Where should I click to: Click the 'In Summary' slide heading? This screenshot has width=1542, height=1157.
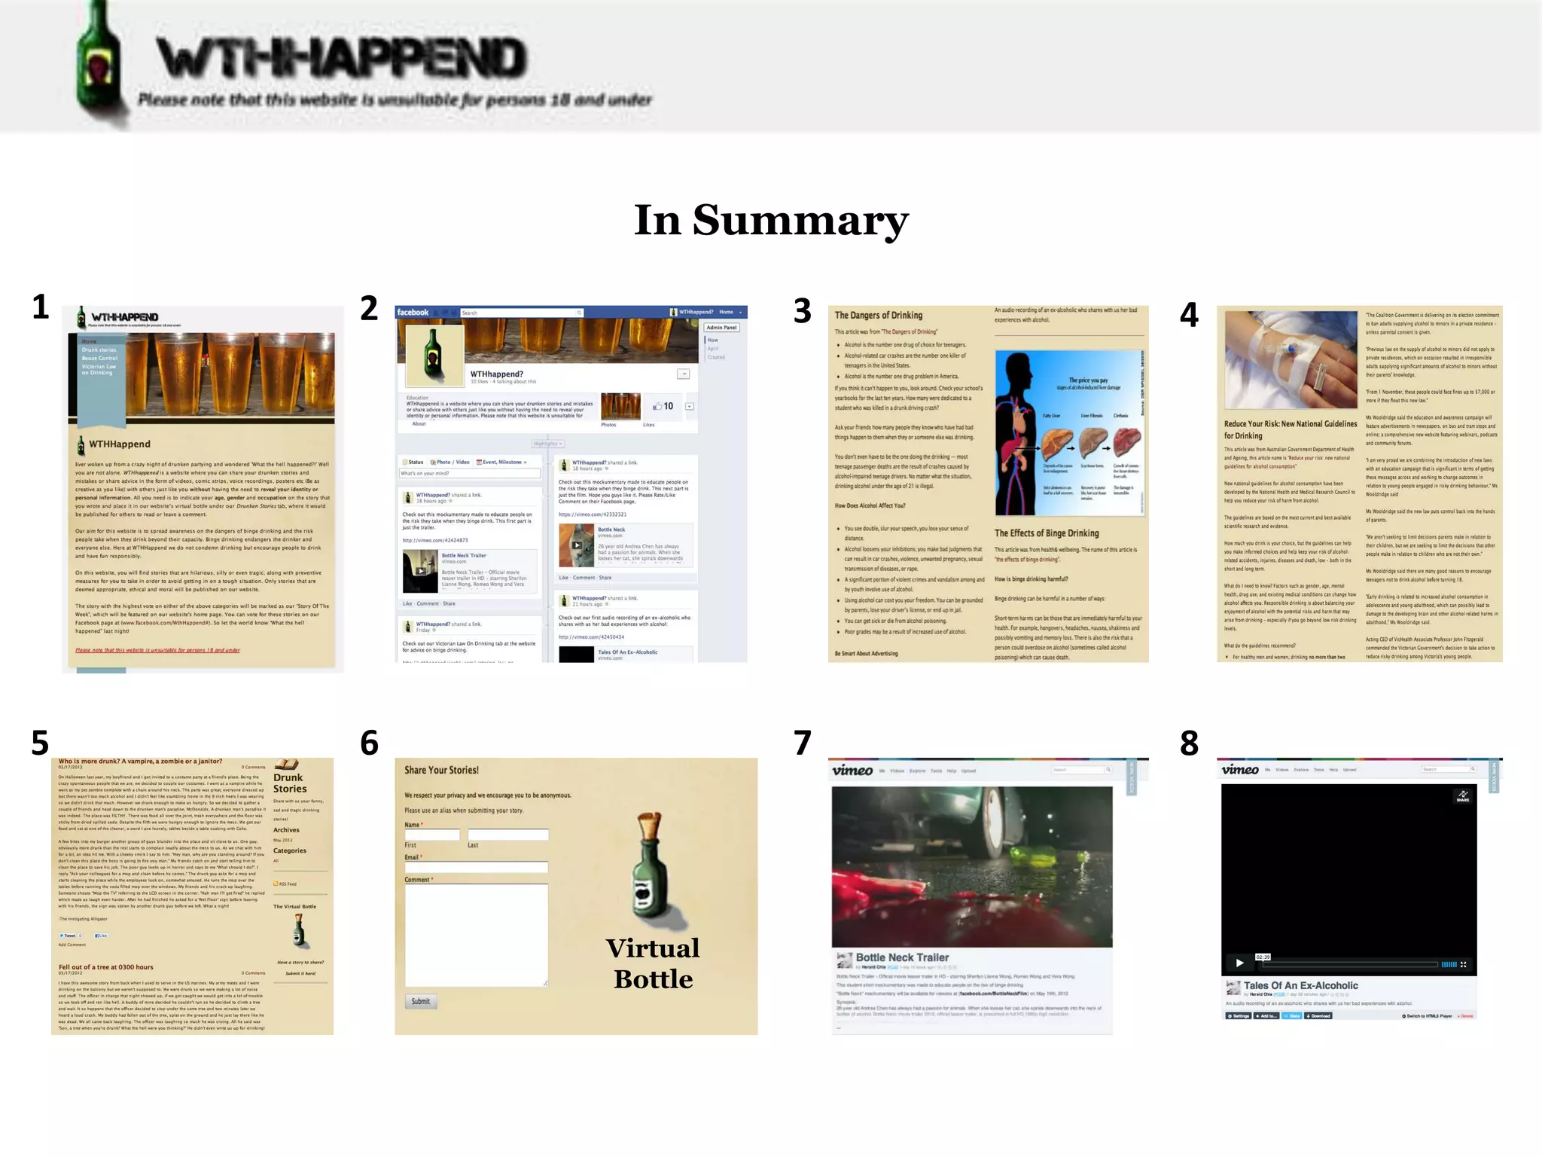pos(771,220)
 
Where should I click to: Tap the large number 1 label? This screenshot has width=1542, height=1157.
pos(41,307)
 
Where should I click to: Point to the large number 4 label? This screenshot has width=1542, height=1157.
pos(1189,315)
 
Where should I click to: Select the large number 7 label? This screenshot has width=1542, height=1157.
pos(803,743)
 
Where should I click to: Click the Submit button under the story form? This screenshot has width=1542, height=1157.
pos(420,1001)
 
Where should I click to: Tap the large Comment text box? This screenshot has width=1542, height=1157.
pos(476,935)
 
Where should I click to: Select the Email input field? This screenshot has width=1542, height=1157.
pos(476,868)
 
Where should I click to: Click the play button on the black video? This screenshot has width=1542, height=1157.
pos(1239,963)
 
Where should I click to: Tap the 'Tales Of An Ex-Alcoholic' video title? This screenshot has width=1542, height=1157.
pos(1300,985)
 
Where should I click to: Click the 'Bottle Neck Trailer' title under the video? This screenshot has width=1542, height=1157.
pos(902,957)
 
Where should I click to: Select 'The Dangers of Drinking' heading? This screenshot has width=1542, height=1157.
pos(878,316)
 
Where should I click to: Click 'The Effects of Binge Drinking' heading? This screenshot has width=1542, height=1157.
pos(1047,533)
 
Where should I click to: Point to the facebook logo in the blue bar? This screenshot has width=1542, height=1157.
pos(413,313)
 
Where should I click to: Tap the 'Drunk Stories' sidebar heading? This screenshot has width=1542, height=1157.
pos(289,783)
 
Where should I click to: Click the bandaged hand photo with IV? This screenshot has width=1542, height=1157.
pos(1291,360)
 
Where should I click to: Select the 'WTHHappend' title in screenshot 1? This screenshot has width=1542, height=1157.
pos(120,444)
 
